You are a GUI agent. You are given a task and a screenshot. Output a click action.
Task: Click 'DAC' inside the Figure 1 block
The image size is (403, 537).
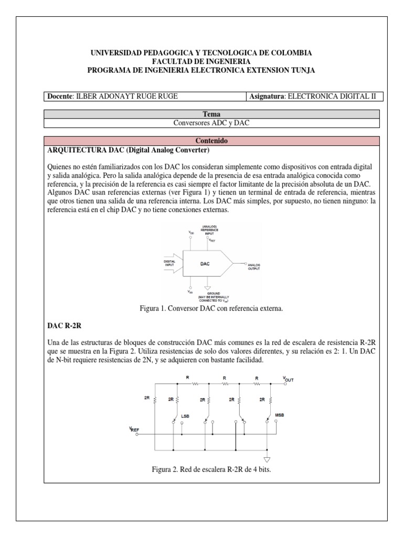205,264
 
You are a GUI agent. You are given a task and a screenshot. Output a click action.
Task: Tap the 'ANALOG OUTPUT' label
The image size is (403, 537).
254,266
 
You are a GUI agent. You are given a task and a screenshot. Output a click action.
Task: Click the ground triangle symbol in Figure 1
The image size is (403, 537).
208,288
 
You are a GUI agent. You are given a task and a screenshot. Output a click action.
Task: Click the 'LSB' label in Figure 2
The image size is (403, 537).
184,416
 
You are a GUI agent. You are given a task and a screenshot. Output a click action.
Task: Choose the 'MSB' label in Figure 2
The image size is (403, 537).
280,415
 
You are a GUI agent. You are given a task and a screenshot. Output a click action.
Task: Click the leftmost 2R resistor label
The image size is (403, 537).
146,398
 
